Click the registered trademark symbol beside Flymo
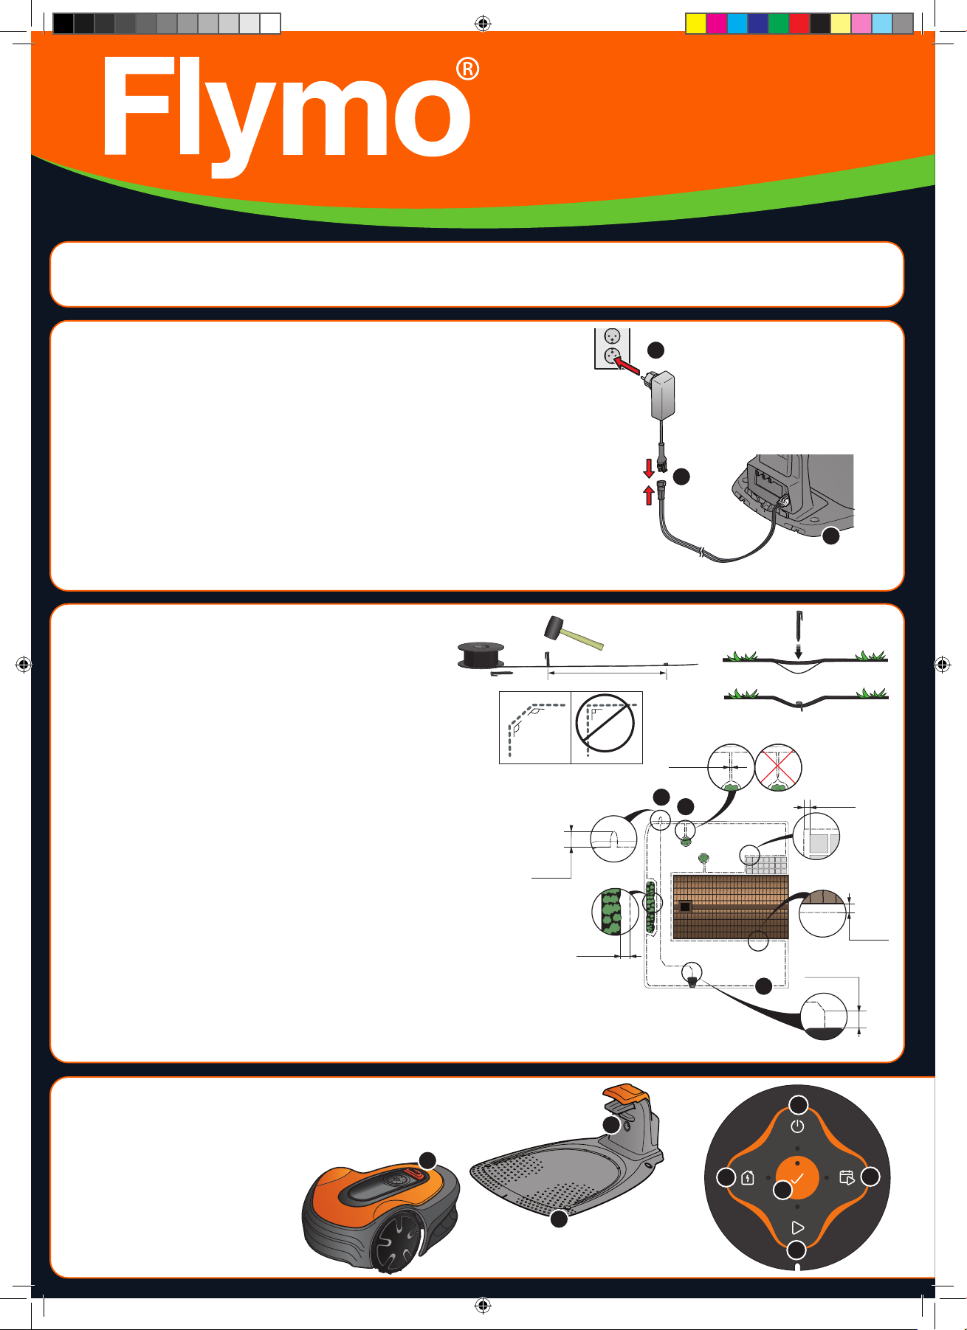point(468,69)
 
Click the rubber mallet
point(574,633)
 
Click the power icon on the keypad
point(797,1126)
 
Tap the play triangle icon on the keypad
point(797,1227)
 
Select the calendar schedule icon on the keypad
point(847,1177)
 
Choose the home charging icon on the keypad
point(748,1178)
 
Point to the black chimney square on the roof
point(685,907)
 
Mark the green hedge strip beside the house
point(651,907)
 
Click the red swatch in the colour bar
point(799,24)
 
